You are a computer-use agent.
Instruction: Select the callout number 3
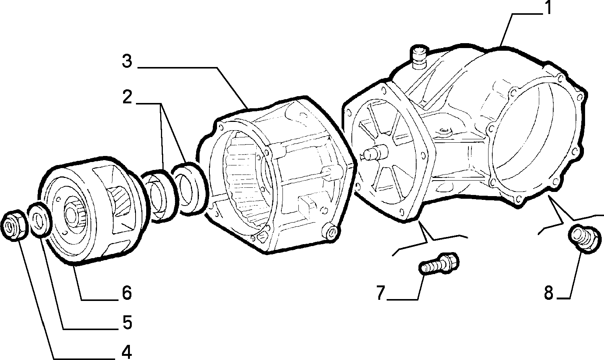tap(127, 61)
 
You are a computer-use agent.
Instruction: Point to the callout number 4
tap(126, 352)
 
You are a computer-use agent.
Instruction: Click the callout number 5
tap(127, 323)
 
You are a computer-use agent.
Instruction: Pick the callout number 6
tap(127, 293)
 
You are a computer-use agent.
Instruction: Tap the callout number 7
tap(381, 293)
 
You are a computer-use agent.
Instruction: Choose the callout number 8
tap(549, 293)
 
